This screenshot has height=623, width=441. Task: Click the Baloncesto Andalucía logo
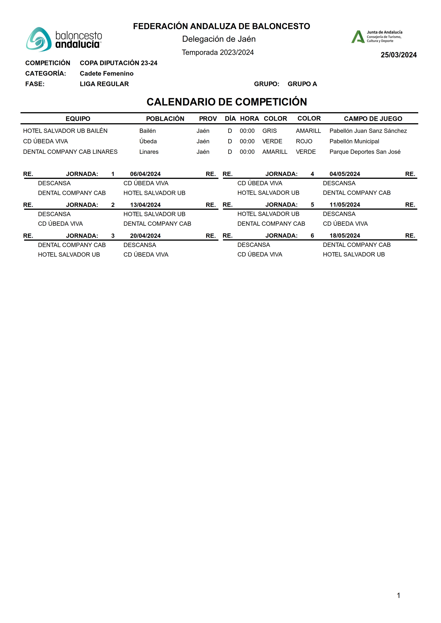[64, 39]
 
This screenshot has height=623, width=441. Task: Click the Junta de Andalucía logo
[377, 37]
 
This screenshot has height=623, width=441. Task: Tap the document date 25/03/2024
[398, 55]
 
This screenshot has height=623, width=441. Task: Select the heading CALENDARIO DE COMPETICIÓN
[227, 102]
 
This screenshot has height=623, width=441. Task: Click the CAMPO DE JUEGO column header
[373, 119]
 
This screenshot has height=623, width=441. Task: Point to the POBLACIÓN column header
[165, 119]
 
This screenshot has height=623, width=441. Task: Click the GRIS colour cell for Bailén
[269, 131]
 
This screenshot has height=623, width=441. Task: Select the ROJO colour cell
[304, 141]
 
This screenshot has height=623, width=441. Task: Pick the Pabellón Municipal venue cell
[354, 141]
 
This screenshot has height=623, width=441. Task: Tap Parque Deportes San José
[365, 152]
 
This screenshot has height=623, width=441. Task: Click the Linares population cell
[149, 152]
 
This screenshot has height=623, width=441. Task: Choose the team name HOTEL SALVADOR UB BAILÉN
[65, 131]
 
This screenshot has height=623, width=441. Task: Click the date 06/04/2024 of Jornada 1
[145, 174]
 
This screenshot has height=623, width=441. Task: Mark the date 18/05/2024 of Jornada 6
[345, 236]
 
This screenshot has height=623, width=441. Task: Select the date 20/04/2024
[145, 236]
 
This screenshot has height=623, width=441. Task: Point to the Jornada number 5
[312, 205]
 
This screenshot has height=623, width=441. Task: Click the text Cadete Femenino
[106, 74]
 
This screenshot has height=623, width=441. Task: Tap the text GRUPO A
[302, 84]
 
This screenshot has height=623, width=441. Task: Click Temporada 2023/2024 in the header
[218, 52]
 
